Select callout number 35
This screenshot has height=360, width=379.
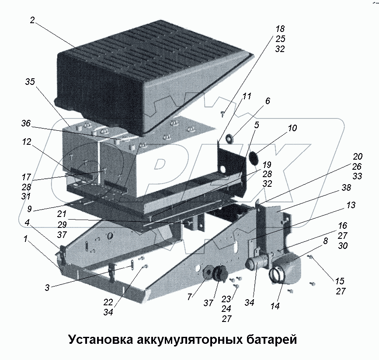[30, 82]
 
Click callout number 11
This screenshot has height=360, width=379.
[247, 96]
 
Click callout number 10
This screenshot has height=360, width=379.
[292, 128]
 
